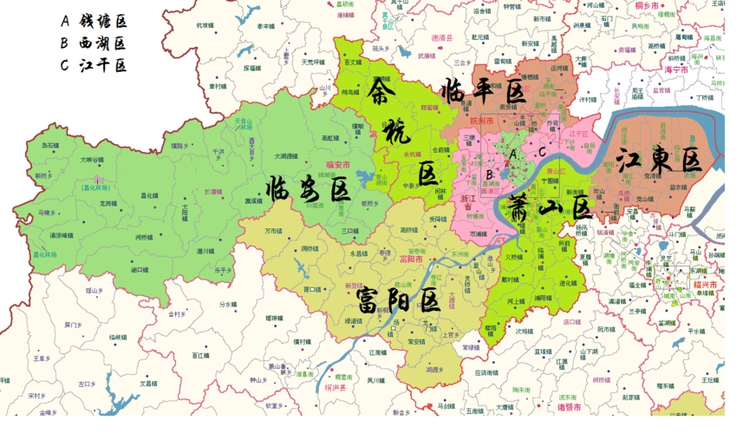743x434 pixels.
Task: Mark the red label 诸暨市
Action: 568,406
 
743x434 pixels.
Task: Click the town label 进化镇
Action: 569,283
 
